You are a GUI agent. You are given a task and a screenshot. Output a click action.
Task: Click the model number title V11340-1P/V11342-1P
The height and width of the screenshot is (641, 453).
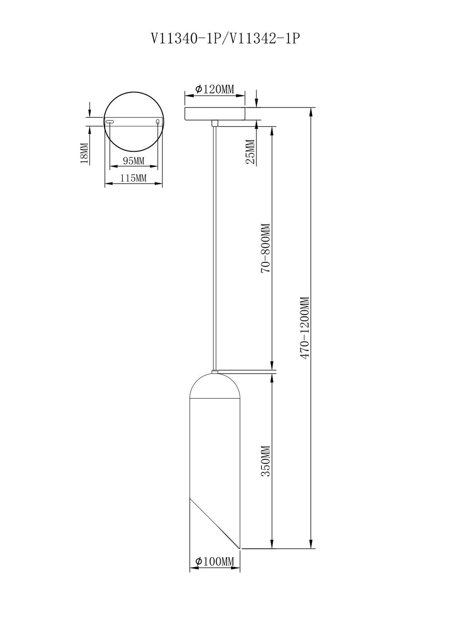[x=226, y=39]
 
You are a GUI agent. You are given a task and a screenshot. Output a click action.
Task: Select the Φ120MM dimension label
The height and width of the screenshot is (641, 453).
[x=215, y=89]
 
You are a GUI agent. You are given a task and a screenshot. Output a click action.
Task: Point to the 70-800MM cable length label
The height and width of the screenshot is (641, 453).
[x=265, y=248]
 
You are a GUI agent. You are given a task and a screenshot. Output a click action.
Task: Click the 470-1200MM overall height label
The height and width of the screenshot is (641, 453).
[x=305, y=328]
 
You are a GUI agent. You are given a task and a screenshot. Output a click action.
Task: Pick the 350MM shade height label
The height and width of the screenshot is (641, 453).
[x=265, y=461]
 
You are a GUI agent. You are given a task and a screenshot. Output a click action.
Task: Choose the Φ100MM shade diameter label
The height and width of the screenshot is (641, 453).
[x=215, y=562]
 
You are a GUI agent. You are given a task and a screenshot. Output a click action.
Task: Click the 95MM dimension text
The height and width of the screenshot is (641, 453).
[x=134, y=161]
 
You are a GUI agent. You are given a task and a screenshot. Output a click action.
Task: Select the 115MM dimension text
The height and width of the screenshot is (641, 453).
[x=134, y=178]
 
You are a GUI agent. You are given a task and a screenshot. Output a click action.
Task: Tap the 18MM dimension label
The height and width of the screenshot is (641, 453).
[x=84, y=153]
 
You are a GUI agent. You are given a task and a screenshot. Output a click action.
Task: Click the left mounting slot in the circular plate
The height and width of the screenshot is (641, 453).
[x=110, y=121]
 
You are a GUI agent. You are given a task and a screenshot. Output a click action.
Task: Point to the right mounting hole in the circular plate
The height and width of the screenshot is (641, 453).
[x=158, y=121]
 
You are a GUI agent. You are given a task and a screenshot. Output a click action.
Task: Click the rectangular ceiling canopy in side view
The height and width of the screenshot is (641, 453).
[x=215, y=114]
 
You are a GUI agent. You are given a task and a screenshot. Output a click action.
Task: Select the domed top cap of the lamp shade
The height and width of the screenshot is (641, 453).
[x=215, y=386]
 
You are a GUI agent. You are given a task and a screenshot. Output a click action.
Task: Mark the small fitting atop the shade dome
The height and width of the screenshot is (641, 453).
[x=215, y=372]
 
